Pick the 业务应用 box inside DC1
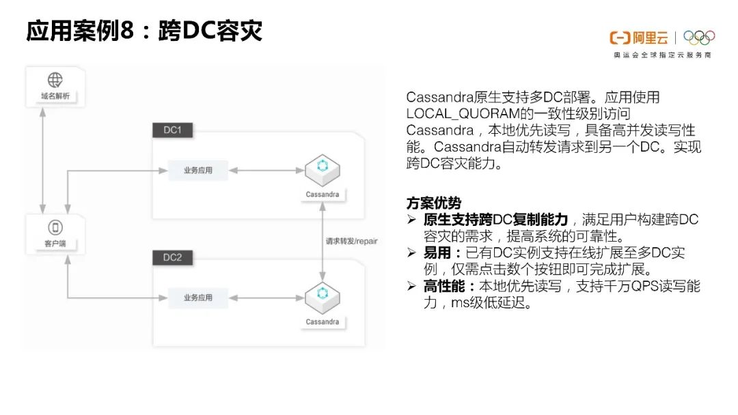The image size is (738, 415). coord(198,170)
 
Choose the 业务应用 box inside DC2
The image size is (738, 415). coord(198,298)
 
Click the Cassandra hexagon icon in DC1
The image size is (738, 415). coord(321,169)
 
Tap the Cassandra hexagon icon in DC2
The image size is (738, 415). coord(321,296)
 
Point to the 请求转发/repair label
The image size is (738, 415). coord(351,241)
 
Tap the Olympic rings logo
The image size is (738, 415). coord(698,38)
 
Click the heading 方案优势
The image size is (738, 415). coord(433,203)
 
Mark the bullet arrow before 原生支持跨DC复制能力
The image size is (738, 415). coord(411,220)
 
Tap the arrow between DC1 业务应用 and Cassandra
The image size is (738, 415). coord(266,170)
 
